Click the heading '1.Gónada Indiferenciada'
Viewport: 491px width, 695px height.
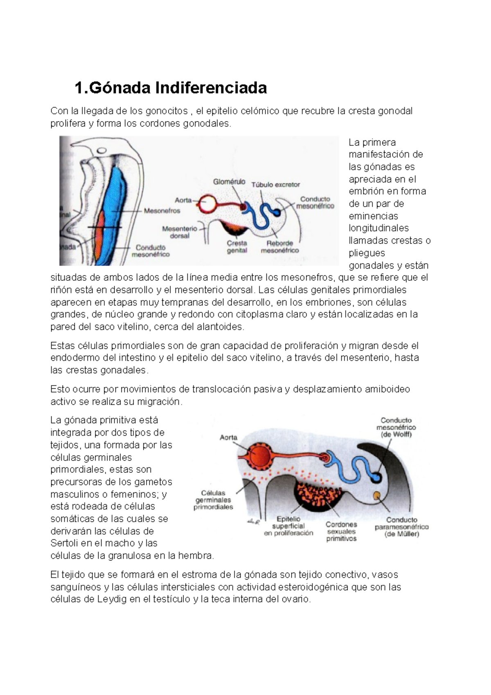coord(171,88)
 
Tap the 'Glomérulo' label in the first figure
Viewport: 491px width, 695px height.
coord(229,181)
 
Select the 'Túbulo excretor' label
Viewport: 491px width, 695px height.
coord(275,185)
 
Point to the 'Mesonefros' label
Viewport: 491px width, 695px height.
coord(162,211)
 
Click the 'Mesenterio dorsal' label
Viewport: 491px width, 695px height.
coord(180,232)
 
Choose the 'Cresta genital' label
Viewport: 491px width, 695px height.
coord(237,246)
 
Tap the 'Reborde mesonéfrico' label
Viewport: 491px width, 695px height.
coord(280,246)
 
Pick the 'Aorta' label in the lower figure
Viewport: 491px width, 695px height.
coord(228,437)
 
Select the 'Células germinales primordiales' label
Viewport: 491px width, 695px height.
coord(213,500)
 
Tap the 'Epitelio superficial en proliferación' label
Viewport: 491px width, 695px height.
coord(288,526)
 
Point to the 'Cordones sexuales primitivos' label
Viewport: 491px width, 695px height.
coord(341,531)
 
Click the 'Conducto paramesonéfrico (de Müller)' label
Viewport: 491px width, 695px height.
coord(402,527)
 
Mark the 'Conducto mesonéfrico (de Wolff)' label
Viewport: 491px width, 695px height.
coord(396,427)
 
